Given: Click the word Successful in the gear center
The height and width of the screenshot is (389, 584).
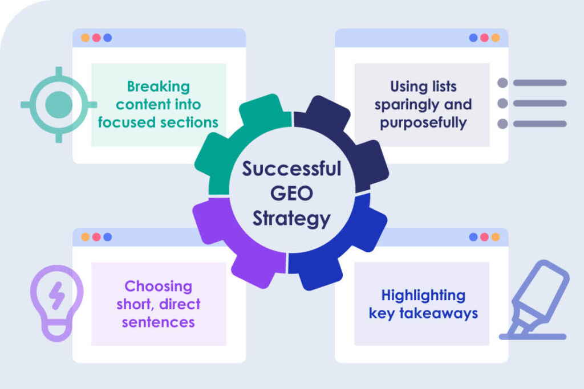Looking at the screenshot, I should (x=291, y=169).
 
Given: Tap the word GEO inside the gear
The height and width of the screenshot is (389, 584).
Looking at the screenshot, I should (x=291, y=194).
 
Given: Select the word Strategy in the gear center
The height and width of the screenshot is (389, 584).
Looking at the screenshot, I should (x=291, y=219).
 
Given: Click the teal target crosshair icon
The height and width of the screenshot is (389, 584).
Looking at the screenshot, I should (x=58, y=105).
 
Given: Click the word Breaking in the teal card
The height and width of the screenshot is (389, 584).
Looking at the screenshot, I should (x=158, y=87).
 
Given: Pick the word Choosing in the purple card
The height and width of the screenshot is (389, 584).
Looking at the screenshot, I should (x=159, y=286).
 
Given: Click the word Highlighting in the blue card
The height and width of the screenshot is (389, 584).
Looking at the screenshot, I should (x=423, y=296).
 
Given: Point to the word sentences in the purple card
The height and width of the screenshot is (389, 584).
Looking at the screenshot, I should (x=159, y=322).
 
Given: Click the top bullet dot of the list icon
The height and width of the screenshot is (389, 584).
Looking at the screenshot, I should (x=502, y=83).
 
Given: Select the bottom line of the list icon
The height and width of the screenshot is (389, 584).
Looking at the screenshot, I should (x=540, y=124).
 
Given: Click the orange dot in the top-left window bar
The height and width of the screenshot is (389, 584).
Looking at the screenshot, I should (x=85, y=38).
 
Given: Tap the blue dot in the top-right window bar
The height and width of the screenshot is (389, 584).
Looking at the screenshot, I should (x=473, y=38).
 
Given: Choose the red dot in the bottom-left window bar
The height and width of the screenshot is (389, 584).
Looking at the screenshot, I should (x=96, y=237).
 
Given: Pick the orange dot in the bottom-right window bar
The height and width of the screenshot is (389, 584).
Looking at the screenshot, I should (x=495, y=237).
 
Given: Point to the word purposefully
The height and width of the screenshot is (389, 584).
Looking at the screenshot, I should (x=423, y=122).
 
